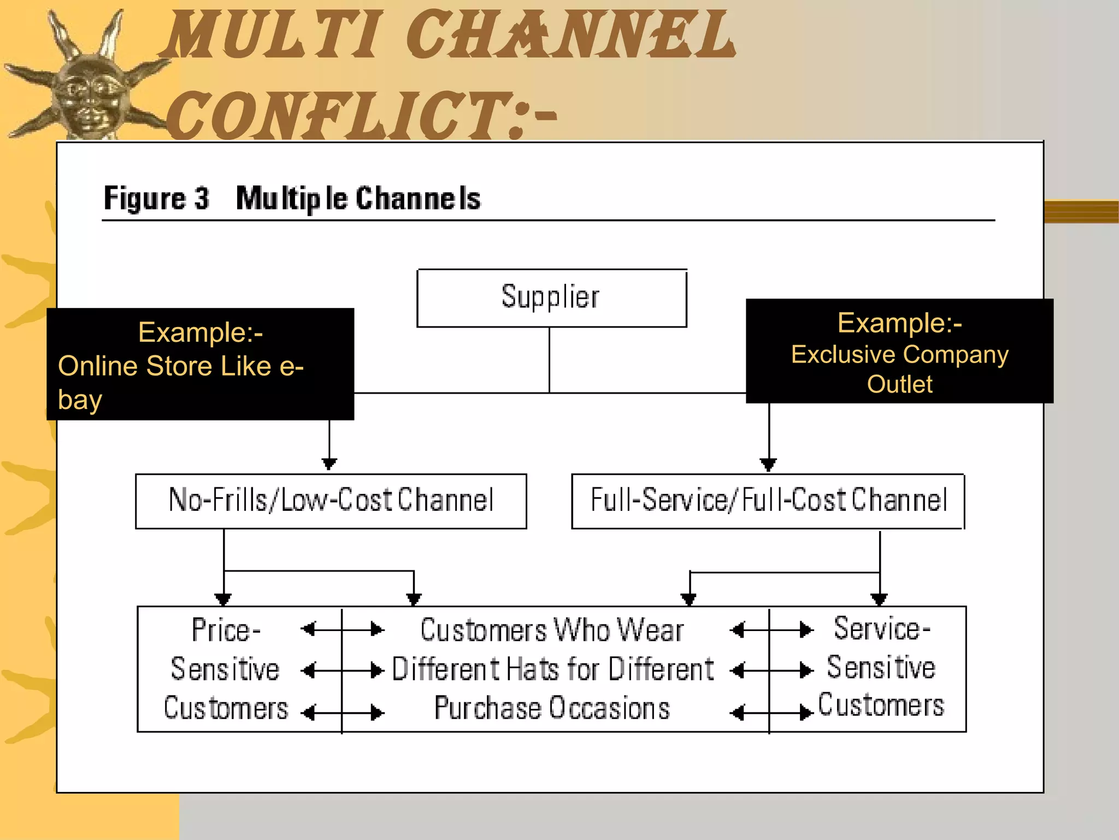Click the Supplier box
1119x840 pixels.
[x=551, y=298]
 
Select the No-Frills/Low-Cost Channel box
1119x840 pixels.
[x=331, y=500]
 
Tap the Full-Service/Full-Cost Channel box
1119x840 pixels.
[x=768, y=500]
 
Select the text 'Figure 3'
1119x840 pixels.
[x=156, y=198]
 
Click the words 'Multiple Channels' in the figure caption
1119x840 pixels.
[x=358, y=198]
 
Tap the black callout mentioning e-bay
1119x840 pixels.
[x=200, y=364]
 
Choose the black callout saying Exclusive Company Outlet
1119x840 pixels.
[x=899, y=351]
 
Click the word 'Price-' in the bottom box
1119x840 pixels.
[x=226, y=630]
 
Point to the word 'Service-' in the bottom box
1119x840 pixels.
[x=881, y=628]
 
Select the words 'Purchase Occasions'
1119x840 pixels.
[x=552, y=708]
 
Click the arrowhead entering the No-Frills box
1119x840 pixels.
[x=329, y=464]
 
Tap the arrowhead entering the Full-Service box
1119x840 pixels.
[x=769, y=465]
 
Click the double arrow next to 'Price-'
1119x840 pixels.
[x=343, y=629]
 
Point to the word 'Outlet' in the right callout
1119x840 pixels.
[x=899, y=384]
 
